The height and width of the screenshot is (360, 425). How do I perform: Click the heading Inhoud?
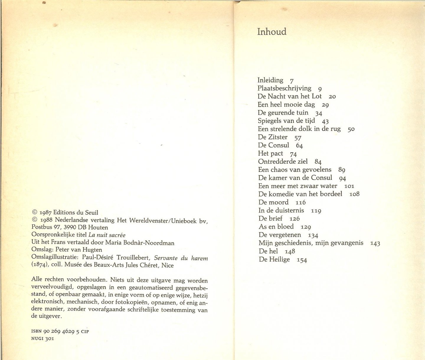click(x=272, y=32)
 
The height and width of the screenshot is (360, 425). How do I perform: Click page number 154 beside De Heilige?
click(x=302, y=260)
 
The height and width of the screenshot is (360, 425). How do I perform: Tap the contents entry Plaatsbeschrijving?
click(x=284, y=88)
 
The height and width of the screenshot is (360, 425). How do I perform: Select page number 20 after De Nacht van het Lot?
click(x=332, y=97)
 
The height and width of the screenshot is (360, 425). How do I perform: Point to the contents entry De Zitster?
click(x=272, y=137)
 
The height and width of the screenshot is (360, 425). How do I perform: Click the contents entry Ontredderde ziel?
click(x=283, y=162)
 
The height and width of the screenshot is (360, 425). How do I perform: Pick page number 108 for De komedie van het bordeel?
click(x=354, y=194)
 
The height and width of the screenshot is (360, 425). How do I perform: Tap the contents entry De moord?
click(x=273, y=202)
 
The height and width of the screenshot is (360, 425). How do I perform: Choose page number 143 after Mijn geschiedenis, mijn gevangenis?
click(x=375, y=243)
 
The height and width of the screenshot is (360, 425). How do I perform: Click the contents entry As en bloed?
click(x=276, y=227)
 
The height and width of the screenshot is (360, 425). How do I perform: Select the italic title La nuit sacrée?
click(x=107, y=235)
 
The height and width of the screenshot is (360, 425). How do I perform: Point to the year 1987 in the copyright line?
click(x=45, y=213)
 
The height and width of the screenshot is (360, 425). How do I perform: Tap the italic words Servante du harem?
click(x=181, y=258)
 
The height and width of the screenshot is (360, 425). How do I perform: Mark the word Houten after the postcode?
click(x=98, y=227)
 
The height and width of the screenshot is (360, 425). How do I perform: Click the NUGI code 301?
click(x=49, y=338)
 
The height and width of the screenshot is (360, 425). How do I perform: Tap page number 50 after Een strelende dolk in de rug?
click(x=351, y=129)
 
